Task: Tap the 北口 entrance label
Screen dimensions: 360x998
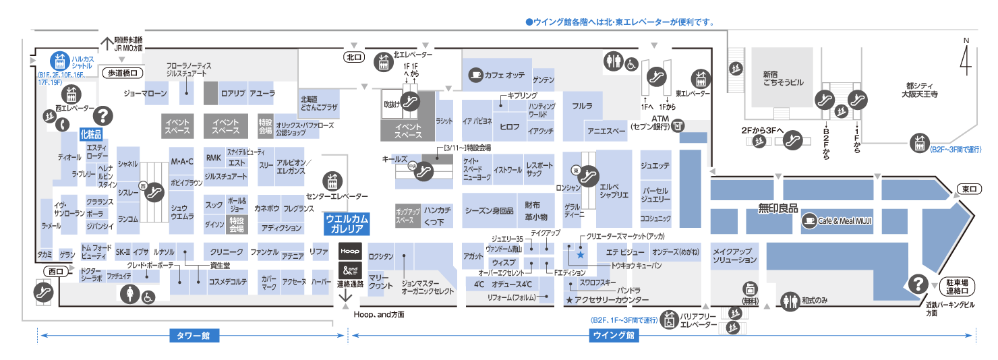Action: point(353,58)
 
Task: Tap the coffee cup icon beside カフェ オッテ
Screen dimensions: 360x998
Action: point(476,74)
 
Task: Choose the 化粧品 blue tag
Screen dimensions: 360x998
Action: point(91,133)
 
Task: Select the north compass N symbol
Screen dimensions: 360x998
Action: point(965,60)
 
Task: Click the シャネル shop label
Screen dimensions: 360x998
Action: point(127,164)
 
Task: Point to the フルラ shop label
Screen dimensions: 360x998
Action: point(582,107)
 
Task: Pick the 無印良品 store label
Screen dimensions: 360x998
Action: point(777,208)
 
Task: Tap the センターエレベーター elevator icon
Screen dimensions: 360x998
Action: point(331,181)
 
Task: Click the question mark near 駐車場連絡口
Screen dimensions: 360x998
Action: point(918,284)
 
